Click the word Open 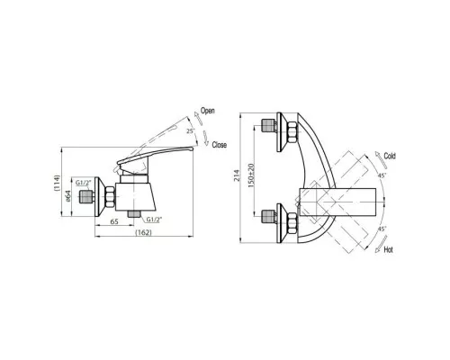coord(208,111)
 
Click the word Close coord(220,145)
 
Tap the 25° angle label coord(191,131)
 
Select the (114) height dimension coord(58,183)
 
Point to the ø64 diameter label coord(68,196)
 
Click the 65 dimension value coord(114,221)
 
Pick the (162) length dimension coord(143,232)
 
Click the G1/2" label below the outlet coord(154,220)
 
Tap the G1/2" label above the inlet coord(83,183)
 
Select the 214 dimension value coord(238,175)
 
